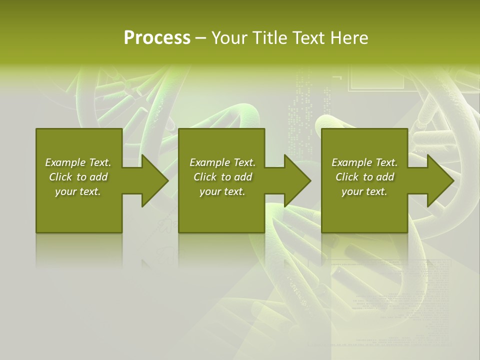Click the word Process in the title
coord(157,38)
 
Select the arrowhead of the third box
coord(439,180)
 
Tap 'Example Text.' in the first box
coord(78,162)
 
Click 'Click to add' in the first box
coord(78,177)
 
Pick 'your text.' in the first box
coord(78,191)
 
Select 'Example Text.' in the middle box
coord(222,162)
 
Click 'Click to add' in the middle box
coord(222,177)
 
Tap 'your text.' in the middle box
coord(222,191)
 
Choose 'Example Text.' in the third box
coord(364,162)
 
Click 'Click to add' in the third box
coord(364,177)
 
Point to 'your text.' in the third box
coord(364,191)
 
